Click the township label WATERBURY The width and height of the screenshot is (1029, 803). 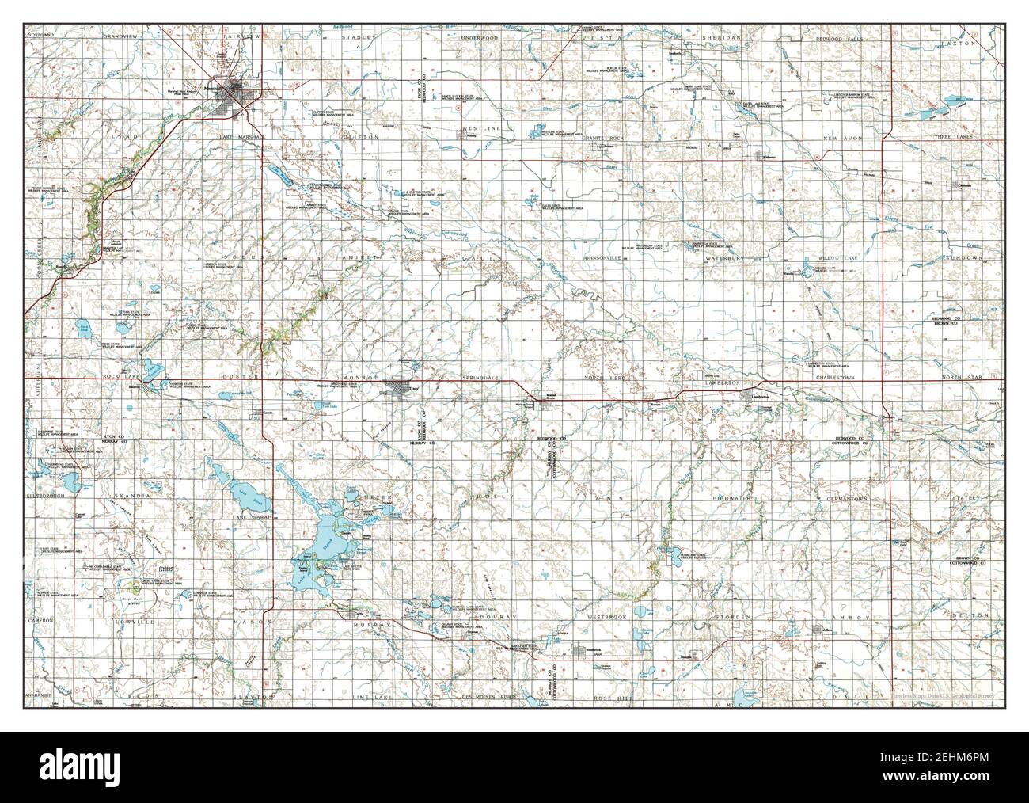[x=723, y=258]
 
